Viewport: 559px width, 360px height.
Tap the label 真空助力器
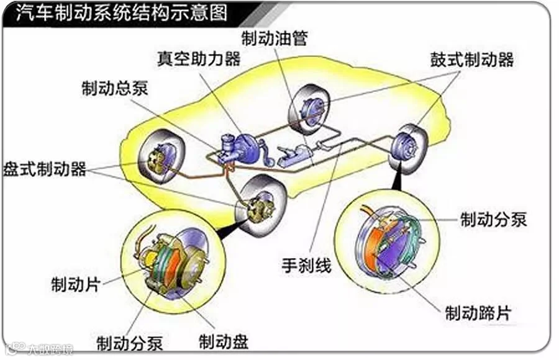[198, 60]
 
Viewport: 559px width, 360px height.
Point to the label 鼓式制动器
[472, 60]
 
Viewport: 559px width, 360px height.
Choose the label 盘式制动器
[45, 169]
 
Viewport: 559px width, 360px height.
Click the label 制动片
[76, 285]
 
